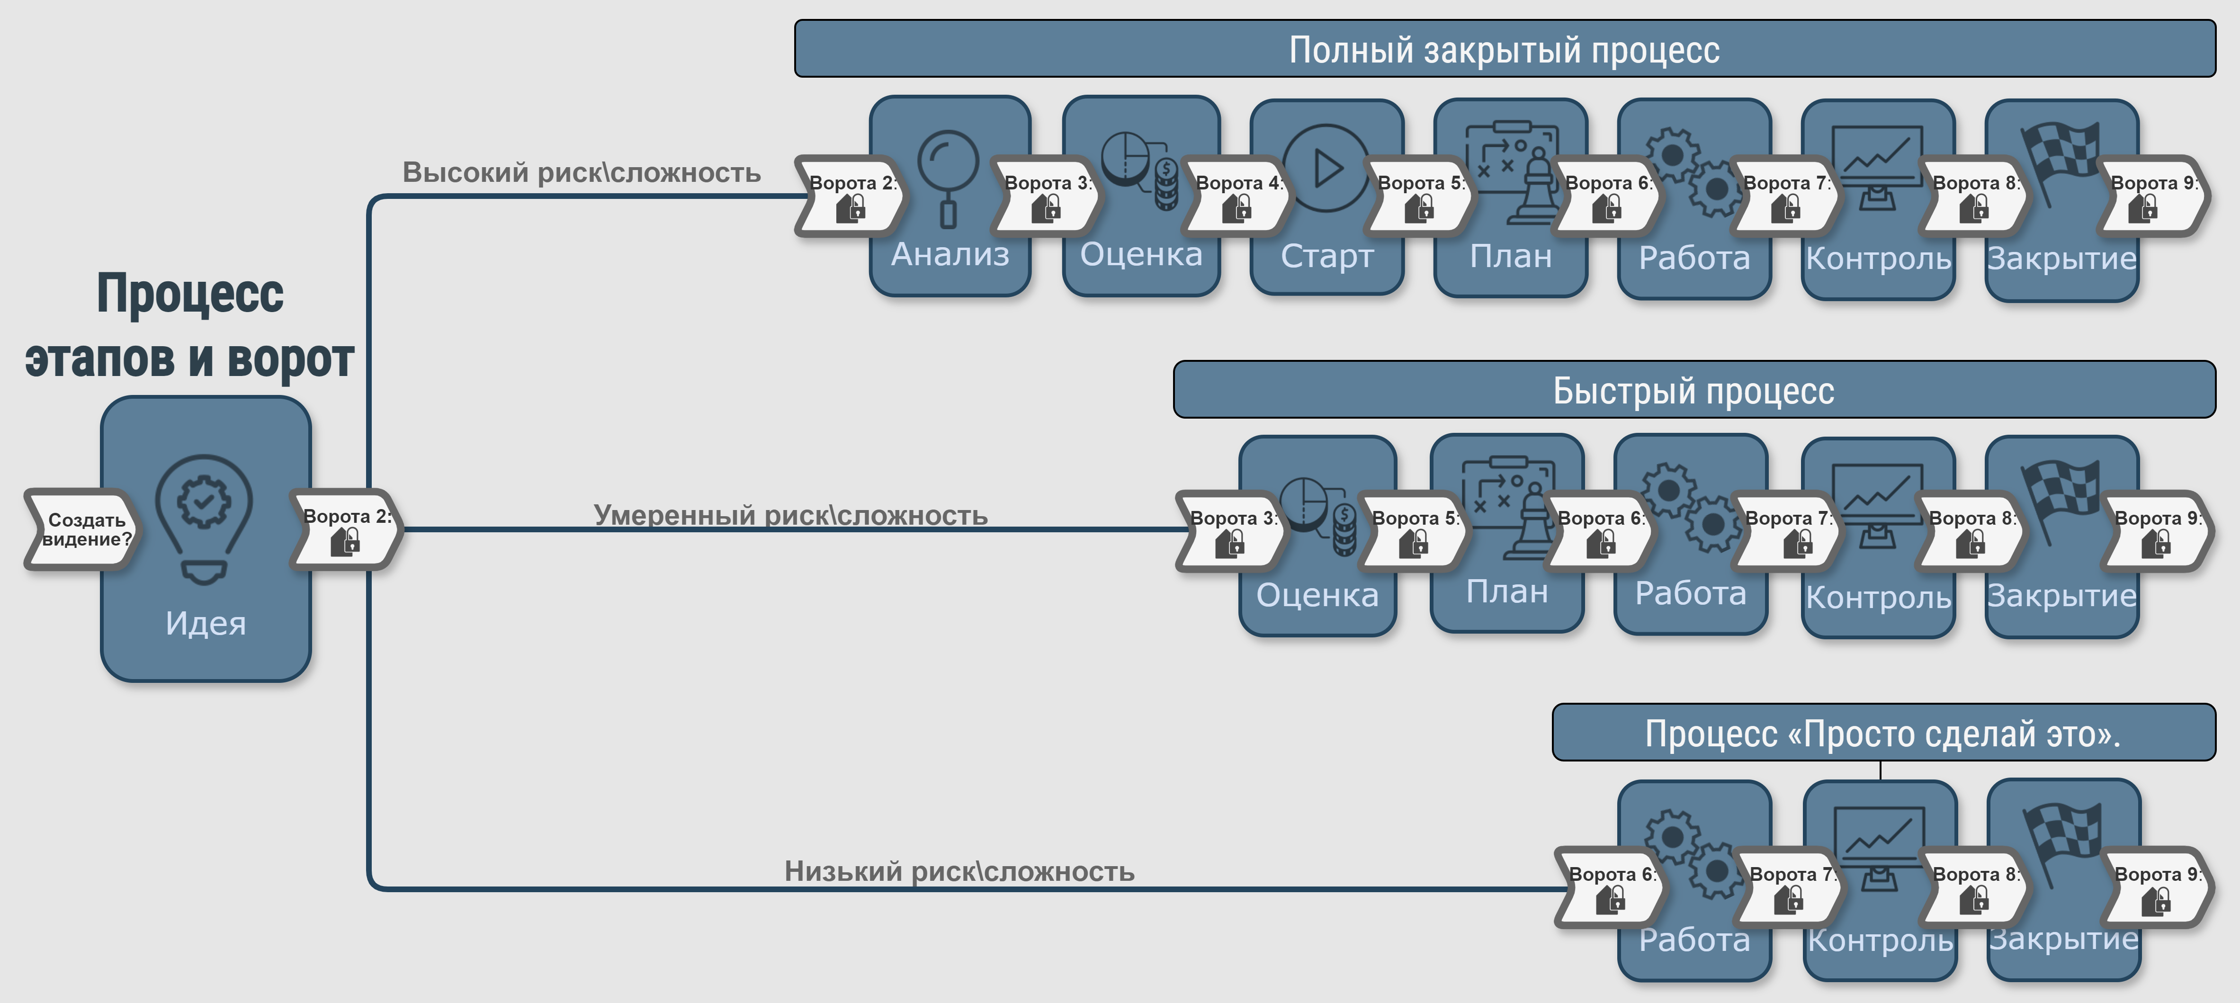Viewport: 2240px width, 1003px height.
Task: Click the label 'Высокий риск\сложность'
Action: click(x=581, y=172)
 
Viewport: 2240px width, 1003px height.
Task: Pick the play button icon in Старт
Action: click(x=1326, y=168)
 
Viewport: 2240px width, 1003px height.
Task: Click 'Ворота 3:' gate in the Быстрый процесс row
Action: click(x=1230, y=531)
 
